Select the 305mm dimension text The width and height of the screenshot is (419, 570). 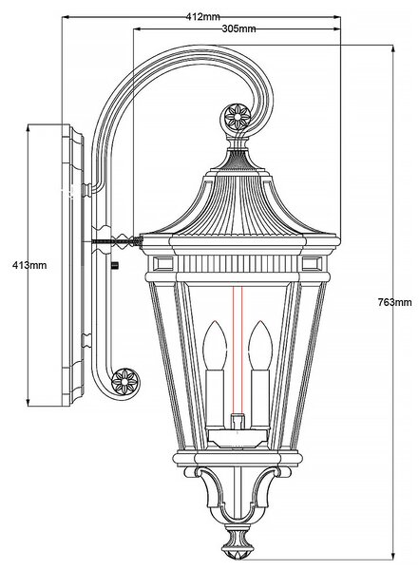point(238,28)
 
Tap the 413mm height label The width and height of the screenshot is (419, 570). point(29,265)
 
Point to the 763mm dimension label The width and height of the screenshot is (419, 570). point(394,302)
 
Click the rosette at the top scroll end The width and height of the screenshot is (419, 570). point(238,117)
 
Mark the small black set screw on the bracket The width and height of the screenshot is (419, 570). point(115,265)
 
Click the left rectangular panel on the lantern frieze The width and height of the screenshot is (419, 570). point(163,263)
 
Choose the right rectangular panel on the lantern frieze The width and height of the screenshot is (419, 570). point(312,263)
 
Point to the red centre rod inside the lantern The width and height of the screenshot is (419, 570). point(238,351)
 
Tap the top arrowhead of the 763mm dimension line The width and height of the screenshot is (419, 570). point(393,49)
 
